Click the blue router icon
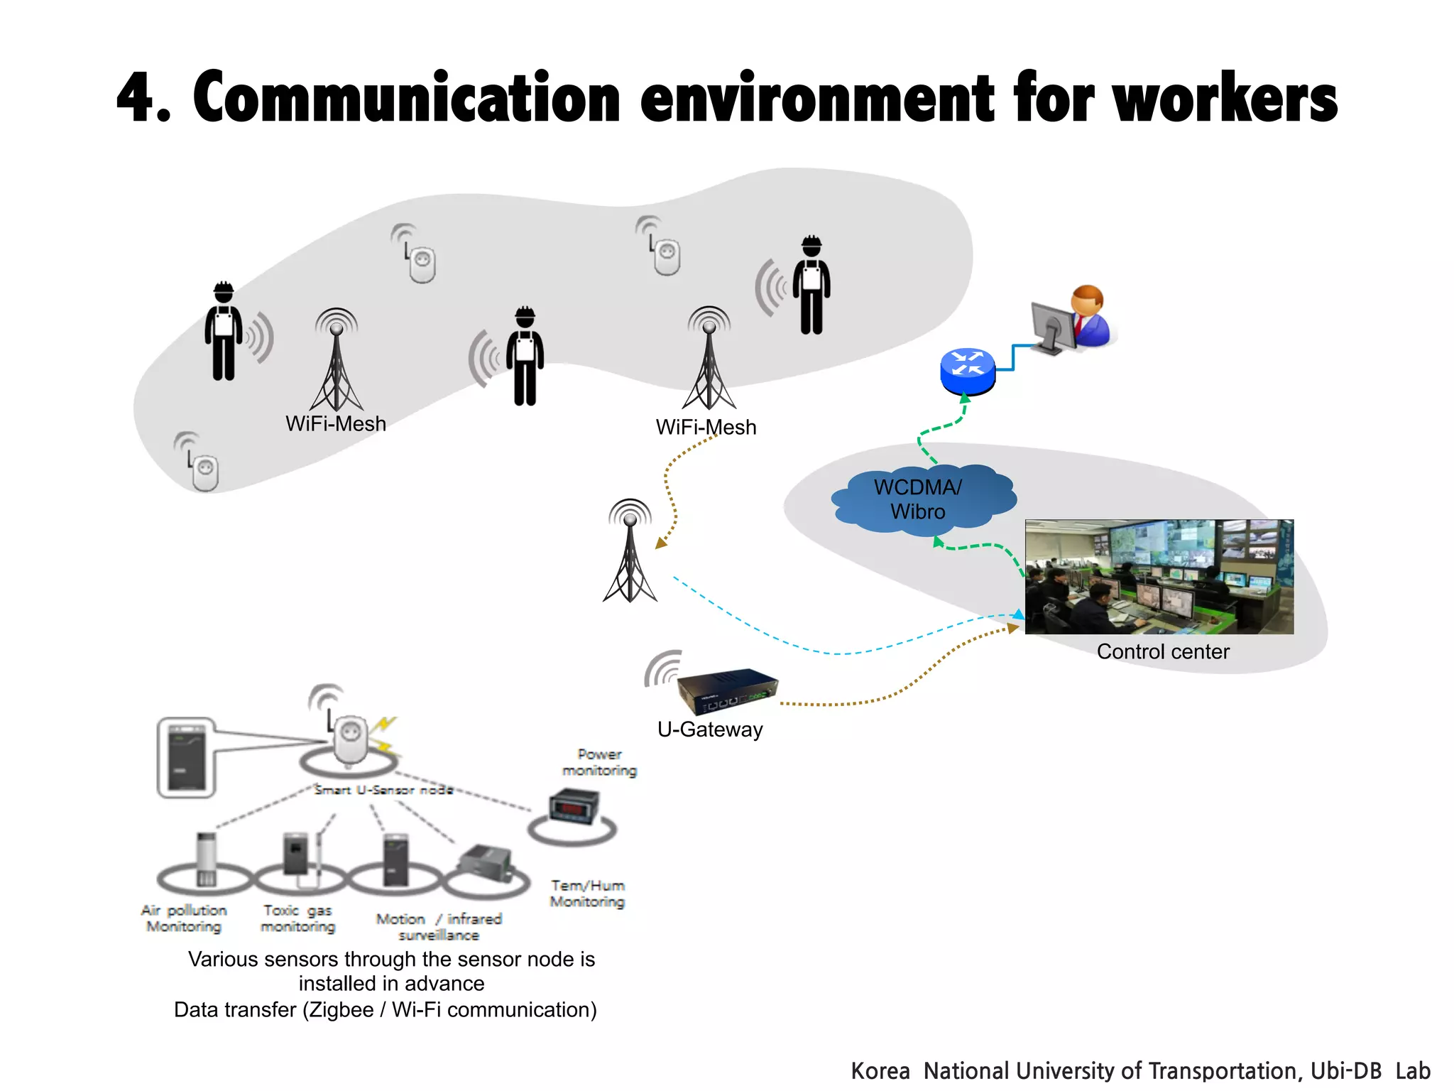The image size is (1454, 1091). click(967, 370)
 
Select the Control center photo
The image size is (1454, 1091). click(1159, 576)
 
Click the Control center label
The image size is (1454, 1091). click(1162, 651)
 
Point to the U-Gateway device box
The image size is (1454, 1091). click(726, 690)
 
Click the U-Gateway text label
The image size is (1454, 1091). click(710, 729)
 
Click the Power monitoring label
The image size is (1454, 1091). click(599, 762)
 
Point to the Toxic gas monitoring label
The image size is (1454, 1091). click(297, 918)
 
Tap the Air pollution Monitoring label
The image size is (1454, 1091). click(184, 918)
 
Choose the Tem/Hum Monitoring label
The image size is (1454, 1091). click(587, 894)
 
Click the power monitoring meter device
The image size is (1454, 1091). click(574, 808)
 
